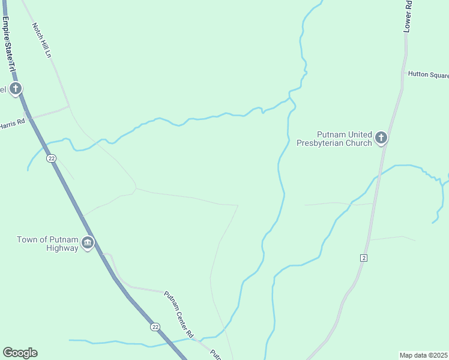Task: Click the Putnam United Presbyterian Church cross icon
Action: point(381,139)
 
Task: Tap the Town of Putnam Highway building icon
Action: point(88,243)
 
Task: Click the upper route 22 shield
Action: point(52,158)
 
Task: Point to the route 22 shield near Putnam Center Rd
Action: point(155,326)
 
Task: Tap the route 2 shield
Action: point(364,257)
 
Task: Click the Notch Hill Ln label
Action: point(42,41)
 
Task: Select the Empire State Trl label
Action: point(8,45)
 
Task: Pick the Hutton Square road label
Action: point(428,75)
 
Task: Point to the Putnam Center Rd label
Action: point(179,313)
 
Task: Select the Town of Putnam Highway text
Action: point(47,244)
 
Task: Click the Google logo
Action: point(20,353)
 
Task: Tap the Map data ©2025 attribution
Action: point(423,355)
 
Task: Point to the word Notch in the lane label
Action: point(37,31)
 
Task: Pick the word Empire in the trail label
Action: point(5,27)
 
